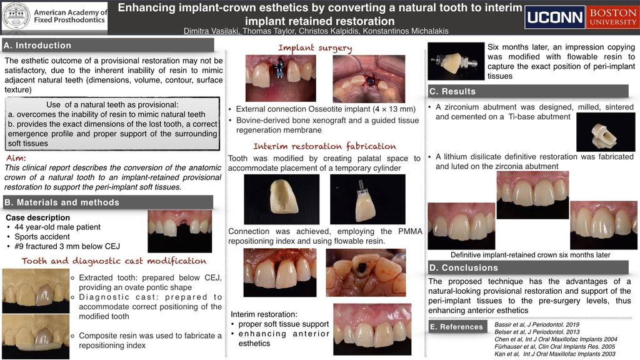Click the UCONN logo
(555, 17)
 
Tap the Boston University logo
(612, 17)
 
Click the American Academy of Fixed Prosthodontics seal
(16, 16)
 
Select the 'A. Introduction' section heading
(37, 45)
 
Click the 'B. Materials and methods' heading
(62, 202)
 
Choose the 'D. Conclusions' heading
(463, 267)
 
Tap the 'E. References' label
(456, 326)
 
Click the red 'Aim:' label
(16, 158)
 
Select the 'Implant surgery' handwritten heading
(315, 48)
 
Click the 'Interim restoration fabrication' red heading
(324, 146)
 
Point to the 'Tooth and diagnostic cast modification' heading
(114, 261)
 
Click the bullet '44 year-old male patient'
(57, 227)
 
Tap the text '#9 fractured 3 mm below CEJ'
(67, 246)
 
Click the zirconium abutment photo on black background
(605, 132)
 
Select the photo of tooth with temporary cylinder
(367, 199)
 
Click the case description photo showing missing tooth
(179, 231)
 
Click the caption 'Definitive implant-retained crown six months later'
(530, 255)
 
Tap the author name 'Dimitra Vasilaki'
(211, 31)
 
